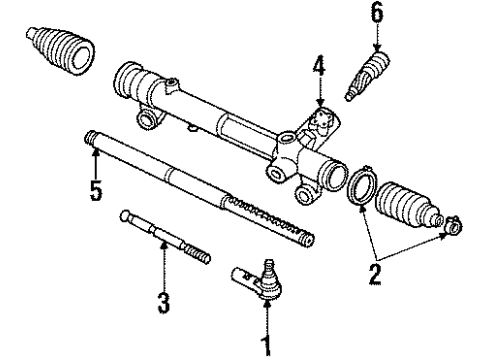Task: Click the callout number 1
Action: [x=267, y=346]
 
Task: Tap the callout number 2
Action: [x=375, y=274]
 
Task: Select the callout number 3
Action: [x=164, y=302]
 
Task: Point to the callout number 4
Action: [x=319, y=66]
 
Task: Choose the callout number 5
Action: [x=96, y=190]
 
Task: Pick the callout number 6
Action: [x=377, y=14]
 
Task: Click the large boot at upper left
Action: [x=60, y=51]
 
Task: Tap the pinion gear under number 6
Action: [x=367, y=76]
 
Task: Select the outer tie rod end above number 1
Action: [x=258, y=279]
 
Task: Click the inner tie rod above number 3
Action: [x=165, y=237]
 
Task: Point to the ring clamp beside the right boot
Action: [x=362, y=185]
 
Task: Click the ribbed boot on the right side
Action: [x=409, y=206]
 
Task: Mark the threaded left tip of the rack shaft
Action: [x=89, y=138]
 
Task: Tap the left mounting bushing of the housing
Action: [x=146, y=118]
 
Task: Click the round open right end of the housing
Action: [x=333, y=174]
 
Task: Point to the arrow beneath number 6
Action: [x=377, y=38]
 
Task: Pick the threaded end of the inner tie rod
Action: [x=198, y=254]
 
